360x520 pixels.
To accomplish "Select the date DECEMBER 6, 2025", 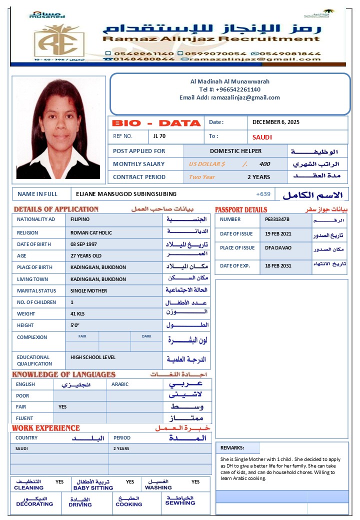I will click(275, 122).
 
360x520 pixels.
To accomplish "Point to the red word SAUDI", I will click(262, 137).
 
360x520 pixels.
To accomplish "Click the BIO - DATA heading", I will click(156, 123).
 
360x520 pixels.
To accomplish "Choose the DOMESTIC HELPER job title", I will click(235, 150).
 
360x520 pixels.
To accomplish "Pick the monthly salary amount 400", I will click(264, 164).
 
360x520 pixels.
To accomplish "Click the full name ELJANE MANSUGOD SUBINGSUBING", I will click(126, 194).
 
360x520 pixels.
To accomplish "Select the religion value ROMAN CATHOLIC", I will click(91, 232).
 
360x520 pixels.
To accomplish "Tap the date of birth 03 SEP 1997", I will click(83, 244).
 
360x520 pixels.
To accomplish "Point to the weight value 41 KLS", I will click(77, 313).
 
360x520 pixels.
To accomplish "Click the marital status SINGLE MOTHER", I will click(88, 290).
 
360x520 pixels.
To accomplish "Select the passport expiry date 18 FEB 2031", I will click(278, 265).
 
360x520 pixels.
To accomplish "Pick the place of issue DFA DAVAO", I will click(277, 247).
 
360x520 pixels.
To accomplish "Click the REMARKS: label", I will click(232, 448).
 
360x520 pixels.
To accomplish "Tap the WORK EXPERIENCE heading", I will click(45, 428).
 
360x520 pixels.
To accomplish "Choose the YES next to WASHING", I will click(195, 482).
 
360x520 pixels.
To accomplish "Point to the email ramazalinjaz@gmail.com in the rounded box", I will click(245, 97).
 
